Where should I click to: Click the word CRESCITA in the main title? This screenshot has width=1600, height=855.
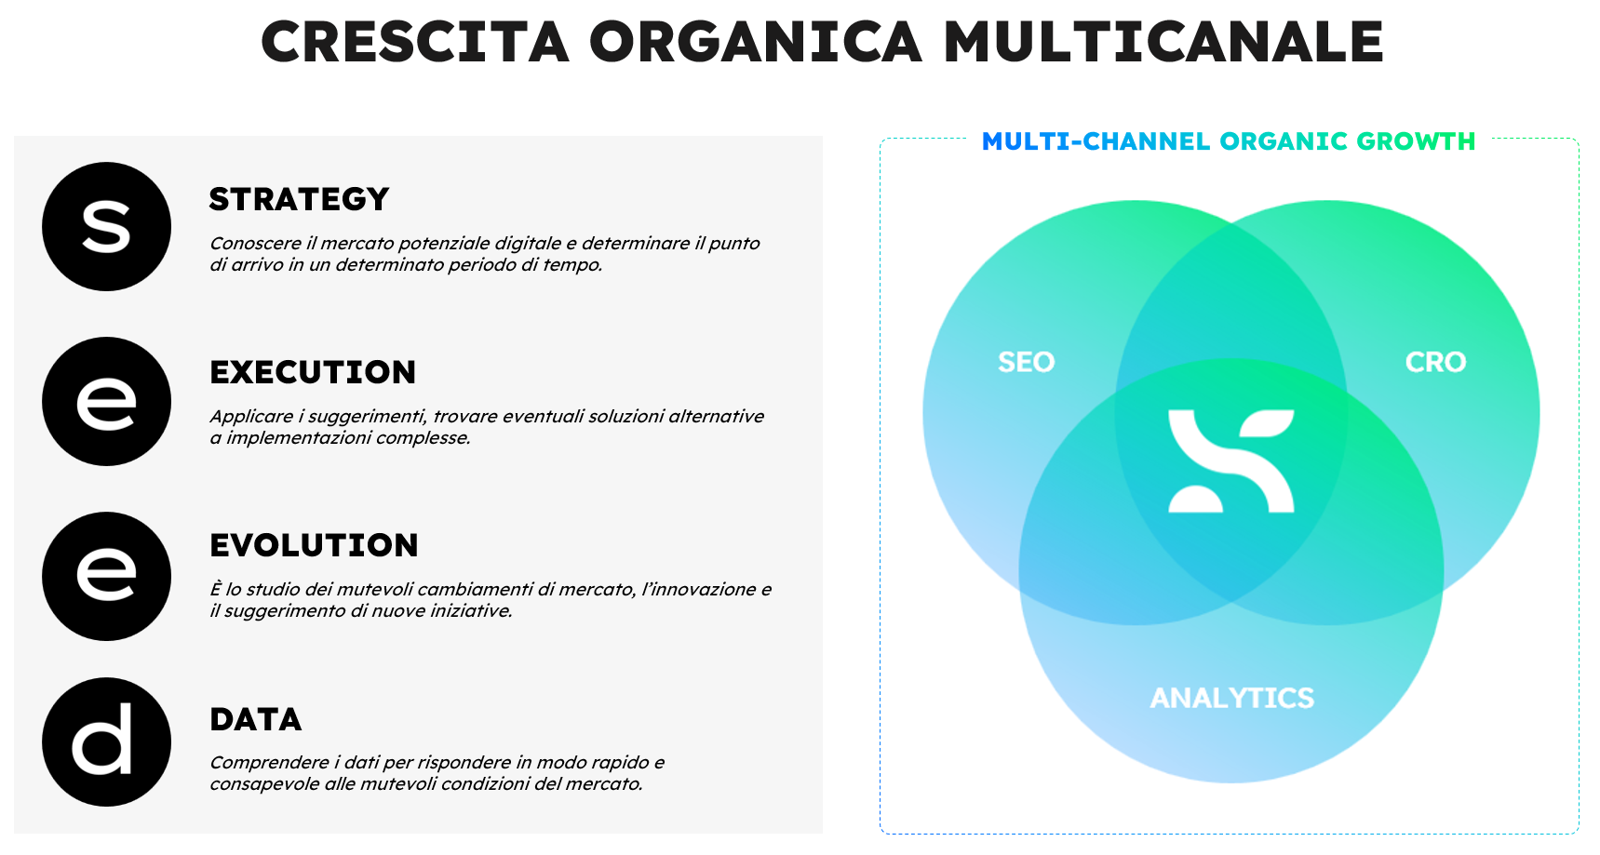(x=415, y=43)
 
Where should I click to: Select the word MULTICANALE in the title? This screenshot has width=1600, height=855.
(x=1163, y=43)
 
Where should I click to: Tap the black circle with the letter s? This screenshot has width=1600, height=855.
(x=107, y=227)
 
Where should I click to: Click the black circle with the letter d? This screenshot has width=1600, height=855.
(x=107, y=742)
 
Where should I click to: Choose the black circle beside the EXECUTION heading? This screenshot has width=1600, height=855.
(x=107, y=402)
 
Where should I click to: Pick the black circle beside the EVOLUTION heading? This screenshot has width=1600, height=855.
(x=107, y=577)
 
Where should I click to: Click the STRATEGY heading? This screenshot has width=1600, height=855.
(x=299, y=199)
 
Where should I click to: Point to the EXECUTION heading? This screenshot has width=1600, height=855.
(x=313, y=372)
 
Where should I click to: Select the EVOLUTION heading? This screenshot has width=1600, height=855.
(x=314, y=545)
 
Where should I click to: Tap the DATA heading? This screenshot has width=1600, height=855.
(x=256, y=719)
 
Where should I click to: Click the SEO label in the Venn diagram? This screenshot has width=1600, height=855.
(x=1027, y=362)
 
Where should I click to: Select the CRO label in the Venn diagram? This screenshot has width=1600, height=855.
(x=1435, y=362)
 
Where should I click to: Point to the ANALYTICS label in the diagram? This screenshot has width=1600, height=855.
(x=1232, y=698)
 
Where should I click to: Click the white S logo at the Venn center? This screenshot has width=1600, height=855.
(x=1231, y=461)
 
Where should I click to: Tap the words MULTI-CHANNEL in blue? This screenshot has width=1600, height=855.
(x=1096, y=141)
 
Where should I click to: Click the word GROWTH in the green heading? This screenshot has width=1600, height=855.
(x=1416, y=141)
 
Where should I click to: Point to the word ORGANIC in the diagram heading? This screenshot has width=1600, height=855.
(x=1284, y=141)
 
